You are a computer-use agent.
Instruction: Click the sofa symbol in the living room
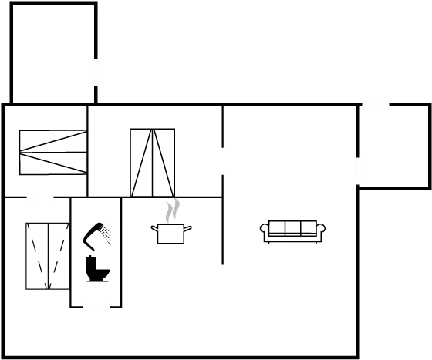[292, 230]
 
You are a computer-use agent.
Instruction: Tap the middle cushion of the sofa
[292, 227]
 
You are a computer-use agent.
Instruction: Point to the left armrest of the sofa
[265, 229]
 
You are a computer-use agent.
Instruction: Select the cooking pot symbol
[170, 234]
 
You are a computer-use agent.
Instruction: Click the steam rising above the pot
[174, 209]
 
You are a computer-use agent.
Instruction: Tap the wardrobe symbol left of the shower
[47, 255]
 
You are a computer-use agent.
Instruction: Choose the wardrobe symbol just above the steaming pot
[152, 163]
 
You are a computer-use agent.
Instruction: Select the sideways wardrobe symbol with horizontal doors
[52, 152]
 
